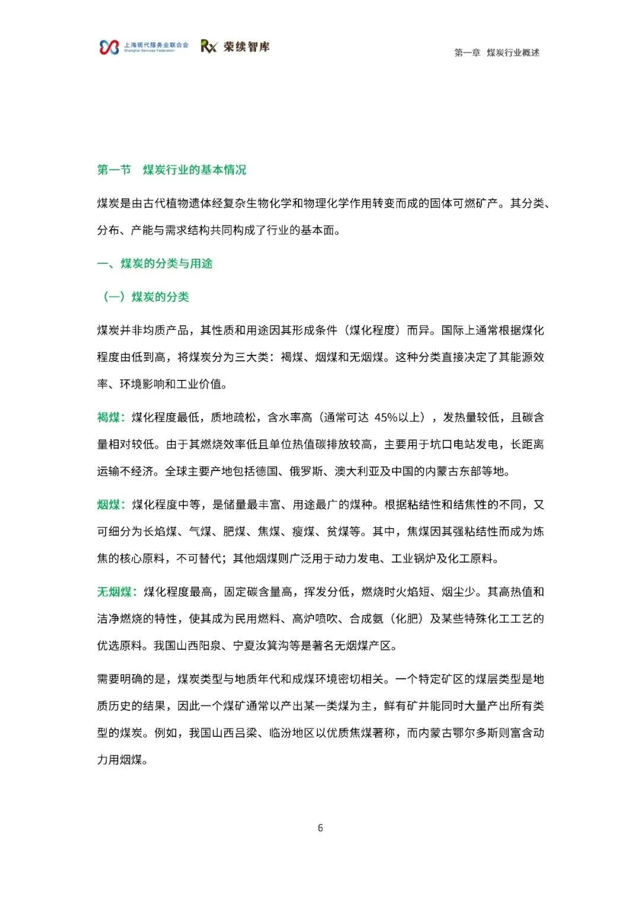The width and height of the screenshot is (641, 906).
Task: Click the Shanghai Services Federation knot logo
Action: (109, 47)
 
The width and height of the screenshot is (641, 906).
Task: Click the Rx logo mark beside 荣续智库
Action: (208, 47)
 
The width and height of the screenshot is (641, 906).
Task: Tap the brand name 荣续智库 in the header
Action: (246, 47)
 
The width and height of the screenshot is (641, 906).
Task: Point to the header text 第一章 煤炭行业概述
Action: (497, 53)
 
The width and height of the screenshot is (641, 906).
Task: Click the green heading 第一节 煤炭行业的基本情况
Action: (172, 170)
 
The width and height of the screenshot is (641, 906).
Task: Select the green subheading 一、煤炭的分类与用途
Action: (155, 263)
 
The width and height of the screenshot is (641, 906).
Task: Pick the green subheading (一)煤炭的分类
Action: (146, 297)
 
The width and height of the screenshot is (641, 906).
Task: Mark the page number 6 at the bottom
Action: (320, 828)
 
